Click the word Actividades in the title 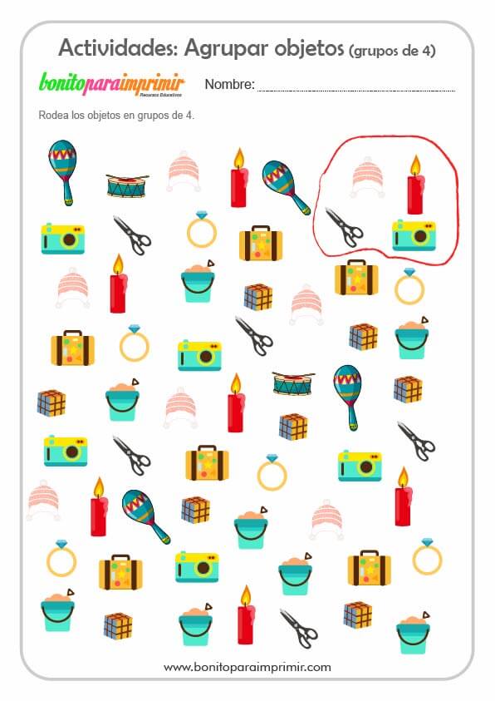(x=118, y=47)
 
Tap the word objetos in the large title (x=309, y=48)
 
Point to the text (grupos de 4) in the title (x=392, y=51)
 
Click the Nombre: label (x=229, y=84)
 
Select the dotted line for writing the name (x=356, y=91)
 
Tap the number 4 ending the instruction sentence (x=189, y=116)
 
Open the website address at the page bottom (x=247, y=668)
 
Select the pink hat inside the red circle (x=367, y=177)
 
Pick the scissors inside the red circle (x=343, y=227)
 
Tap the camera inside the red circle (x=414, y=235)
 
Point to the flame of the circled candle (x=415, y=165)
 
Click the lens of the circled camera (x=419, y=236)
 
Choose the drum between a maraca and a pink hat (x=128, y=185)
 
